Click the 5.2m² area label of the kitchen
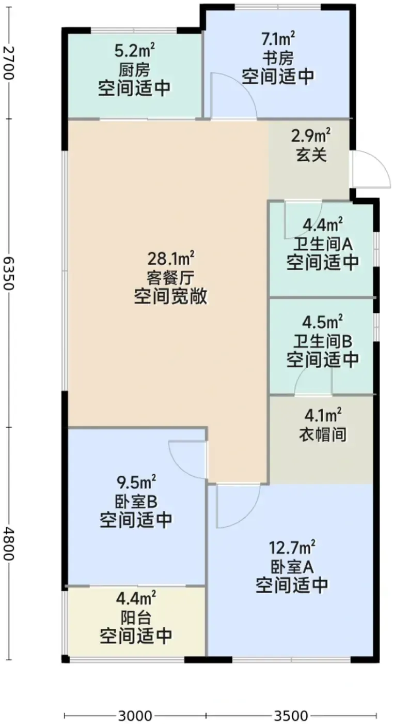click(134, 51)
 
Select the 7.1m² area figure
click(278, 39)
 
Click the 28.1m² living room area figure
click(171, 259)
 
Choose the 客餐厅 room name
click(171, 277)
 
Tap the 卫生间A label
click(323, 245)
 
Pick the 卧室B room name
click(136, 502)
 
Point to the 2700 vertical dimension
click(9, 63)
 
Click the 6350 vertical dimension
click(9, 273)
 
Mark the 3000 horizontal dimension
click(135, 716)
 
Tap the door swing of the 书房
click(245, 85)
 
